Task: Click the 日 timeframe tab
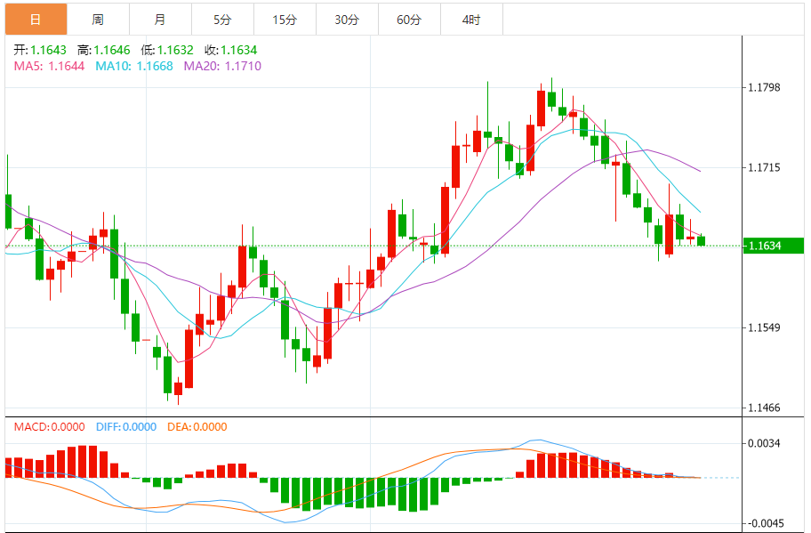pos(36,19)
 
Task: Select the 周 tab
pos(98,19)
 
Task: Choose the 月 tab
pos(159,19)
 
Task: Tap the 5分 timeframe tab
pos(222,19)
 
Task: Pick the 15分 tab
pos(285,19)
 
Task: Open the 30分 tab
pos(347,19)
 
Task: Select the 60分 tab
pos(409,19)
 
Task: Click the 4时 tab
pos(471,19)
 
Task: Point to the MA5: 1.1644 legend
pos(49,66)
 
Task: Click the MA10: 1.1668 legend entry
pos(134,66)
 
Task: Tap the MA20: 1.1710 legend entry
pos(222,66)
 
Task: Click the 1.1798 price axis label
pos(764,87)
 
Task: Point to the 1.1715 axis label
pos(764,167)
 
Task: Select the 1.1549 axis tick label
pos(764,327)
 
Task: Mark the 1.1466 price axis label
pos(764,408)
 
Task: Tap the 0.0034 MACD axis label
pos(764,442)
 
